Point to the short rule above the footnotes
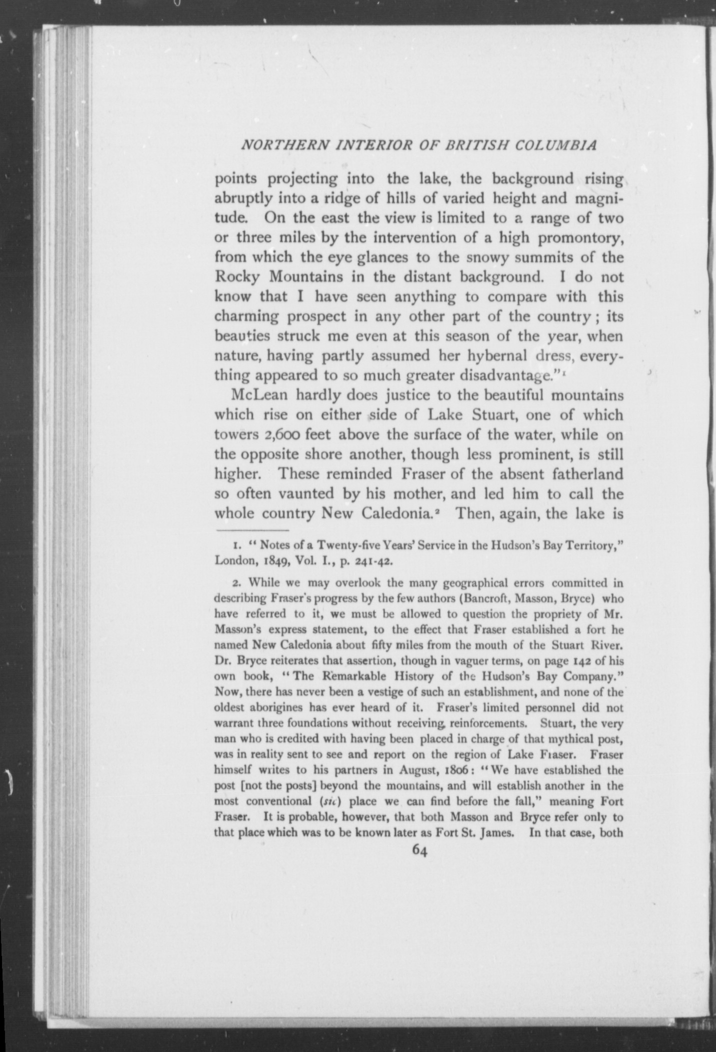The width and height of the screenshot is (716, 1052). point(252,530)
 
